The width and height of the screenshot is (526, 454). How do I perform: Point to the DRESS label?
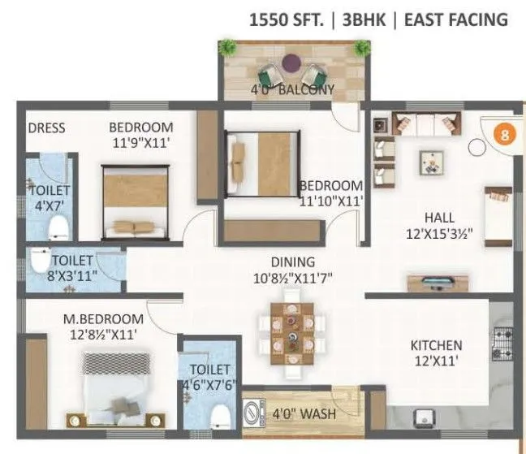pos(46,128)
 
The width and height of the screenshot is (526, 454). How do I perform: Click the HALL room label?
pos(438,218)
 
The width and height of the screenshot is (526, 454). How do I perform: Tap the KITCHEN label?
pos(436,345)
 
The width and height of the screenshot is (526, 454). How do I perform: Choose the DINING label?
pos(293,262)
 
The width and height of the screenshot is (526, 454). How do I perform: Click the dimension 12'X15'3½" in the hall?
pos(438,234)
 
